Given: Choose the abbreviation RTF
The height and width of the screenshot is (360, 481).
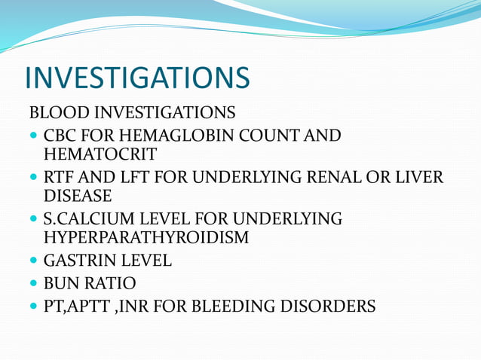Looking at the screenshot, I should click(60, 178).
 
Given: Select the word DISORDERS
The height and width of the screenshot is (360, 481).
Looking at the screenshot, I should click(332, 307).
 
